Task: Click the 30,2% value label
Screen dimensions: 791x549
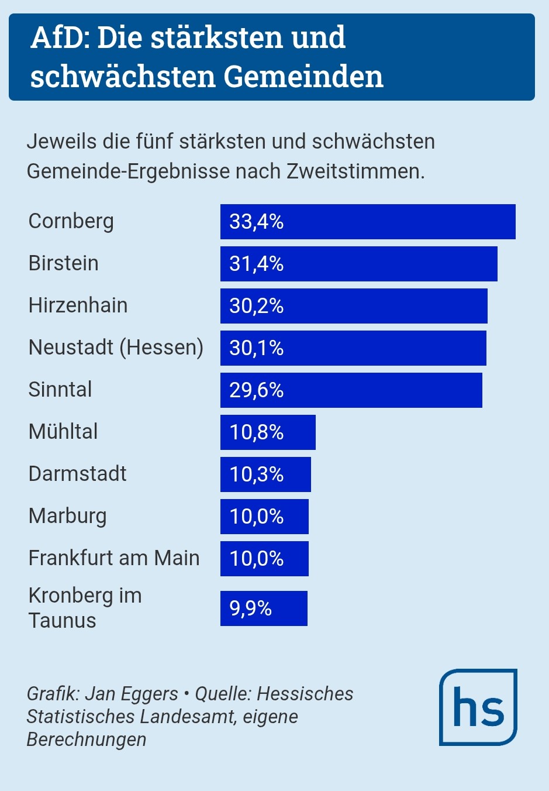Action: coord(256,306)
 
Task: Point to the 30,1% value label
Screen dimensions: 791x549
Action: coord(256,348)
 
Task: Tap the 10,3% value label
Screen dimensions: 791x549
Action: coord(256,474)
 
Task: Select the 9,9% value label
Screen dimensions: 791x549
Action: coord(250,608)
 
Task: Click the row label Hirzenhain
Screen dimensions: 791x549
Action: coord(78,305)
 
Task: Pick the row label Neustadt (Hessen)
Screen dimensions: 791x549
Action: coord(116,348)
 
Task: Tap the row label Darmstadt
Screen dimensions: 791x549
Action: coord(77,474)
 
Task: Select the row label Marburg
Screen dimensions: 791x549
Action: coord(67,516)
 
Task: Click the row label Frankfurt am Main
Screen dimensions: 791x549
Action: coord(114,558)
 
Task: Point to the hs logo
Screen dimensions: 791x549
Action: coord(478,707)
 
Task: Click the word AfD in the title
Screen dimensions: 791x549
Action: coord(60,38)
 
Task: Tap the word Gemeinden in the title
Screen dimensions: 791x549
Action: coord(303,77)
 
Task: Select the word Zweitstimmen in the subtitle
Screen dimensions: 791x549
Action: coord(355,171)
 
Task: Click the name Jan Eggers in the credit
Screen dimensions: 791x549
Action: coord(132,694)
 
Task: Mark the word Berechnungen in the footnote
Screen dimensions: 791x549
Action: coord(87,740)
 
